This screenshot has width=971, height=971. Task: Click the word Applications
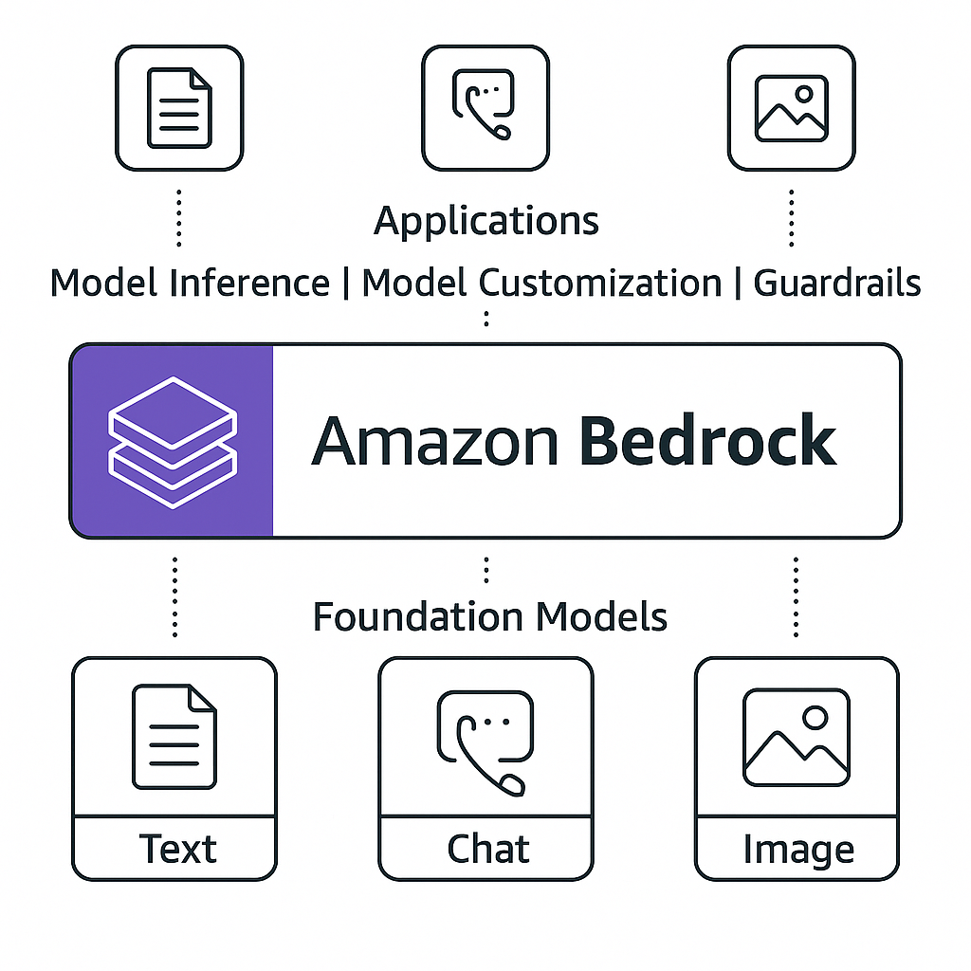[486, 222]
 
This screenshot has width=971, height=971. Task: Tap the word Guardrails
[837, 283]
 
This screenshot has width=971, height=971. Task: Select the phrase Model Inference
[190, 283]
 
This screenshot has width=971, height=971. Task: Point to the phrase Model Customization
[541, 283]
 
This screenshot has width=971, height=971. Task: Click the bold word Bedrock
[707, 440]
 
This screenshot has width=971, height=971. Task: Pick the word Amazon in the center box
[434, 441]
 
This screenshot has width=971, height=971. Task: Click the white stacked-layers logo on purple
[173, 442]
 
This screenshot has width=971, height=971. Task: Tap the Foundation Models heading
[490, 616]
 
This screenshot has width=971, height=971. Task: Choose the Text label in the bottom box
[177, 849]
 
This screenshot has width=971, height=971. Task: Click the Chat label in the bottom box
[488, 849]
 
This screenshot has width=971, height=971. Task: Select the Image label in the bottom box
[798, 850]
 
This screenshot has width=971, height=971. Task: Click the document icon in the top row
[179, 108]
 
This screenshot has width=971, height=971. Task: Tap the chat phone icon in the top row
[484, 104]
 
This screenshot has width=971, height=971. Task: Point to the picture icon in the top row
[792, 108]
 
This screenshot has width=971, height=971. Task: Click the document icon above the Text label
[174, 736]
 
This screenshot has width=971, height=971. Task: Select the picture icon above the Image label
[797, 737]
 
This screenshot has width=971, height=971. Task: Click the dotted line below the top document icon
[179, 218]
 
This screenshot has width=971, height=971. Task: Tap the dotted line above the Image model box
[796, 597]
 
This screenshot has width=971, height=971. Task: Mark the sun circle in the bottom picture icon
[815, 718]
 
